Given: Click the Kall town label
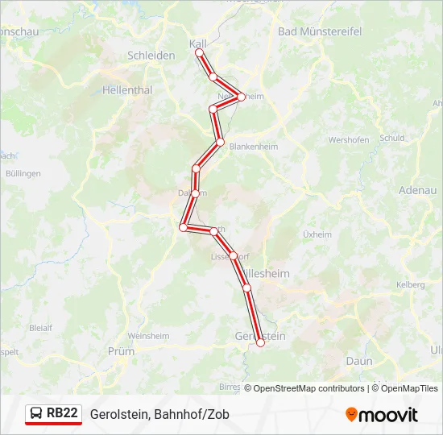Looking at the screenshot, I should click(198, 43).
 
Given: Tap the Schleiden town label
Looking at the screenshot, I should click(151, 56).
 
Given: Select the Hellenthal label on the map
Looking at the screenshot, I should click(127, 90).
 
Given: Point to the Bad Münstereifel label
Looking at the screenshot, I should click(320, 31).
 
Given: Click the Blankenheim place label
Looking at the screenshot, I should click(255, 147).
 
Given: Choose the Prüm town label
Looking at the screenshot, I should click(121, 351).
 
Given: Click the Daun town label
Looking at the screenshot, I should click(359, 361).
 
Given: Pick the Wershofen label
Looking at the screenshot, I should click(349, 139).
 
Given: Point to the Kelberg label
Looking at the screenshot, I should click(410, 285).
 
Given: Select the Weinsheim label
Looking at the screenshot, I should click(148, 336).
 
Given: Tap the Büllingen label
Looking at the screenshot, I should click(23, 173).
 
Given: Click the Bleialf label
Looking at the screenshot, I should click(40, 328).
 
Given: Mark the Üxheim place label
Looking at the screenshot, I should click(317, 234).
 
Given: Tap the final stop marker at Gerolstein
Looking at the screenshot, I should click(260, 343).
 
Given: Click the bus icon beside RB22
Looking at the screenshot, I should click(37, 413).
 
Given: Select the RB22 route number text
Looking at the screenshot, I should click(63, 413).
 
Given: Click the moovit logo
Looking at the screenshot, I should click(382, 414).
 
